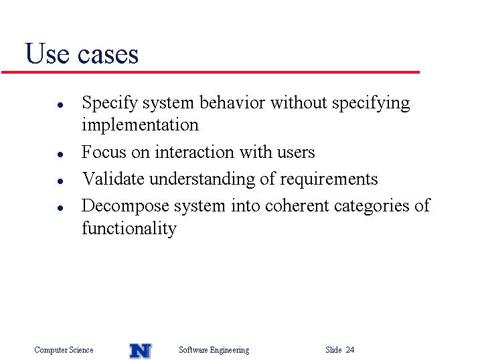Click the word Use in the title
[47, 54]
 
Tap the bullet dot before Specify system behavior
[60, 105]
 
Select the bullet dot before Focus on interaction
[60, 154]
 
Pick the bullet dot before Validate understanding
[60, 181]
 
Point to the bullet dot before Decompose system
[60, 208]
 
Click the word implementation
[140, 125]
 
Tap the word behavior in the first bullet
[232, 102]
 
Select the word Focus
[104, 152]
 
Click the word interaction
[194, 152]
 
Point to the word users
[296, 153]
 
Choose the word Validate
[113, 178]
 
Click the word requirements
[329, 179]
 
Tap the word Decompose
[125, 206]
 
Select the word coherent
[297, 205]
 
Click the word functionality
[129, 228]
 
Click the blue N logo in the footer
[141, 351]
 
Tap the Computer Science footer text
[64, 349]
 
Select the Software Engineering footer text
[214, 350]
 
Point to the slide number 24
[350, 349]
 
